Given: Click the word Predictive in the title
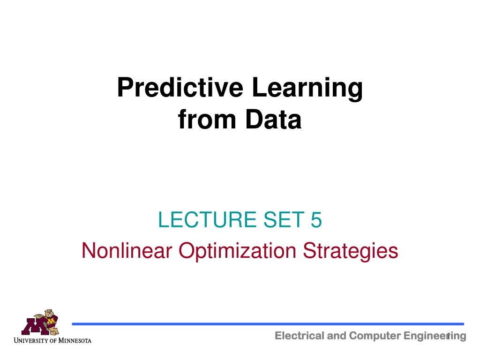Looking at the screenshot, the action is click(180, 88).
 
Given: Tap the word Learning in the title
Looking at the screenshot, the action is click(307, 89).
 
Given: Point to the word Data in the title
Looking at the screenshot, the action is click(273, 120).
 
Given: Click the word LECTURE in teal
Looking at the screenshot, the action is click(207, 219).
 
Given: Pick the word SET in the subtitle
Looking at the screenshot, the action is click(284, 219).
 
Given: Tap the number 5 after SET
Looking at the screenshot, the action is click(316, 220).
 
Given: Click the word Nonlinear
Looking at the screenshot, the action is click(127, 250).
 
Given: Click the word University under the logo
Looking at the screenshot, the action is click(31, 340).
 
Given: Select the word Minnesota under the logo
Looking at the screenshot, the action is click(75, 340).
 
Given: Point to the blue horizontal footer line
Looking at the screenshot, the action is click(268, 323).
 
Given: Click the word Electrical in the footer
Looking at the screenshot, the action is click(300, 336).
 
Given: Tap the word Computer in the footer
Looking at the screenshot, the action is click(375, 336).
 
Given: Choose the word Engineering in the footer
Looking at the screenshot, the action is click(435, 336).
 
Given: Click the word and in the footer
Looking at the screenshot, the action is click(337, 336).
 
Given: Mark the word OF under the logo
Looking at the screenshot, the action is click(53, 341).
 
